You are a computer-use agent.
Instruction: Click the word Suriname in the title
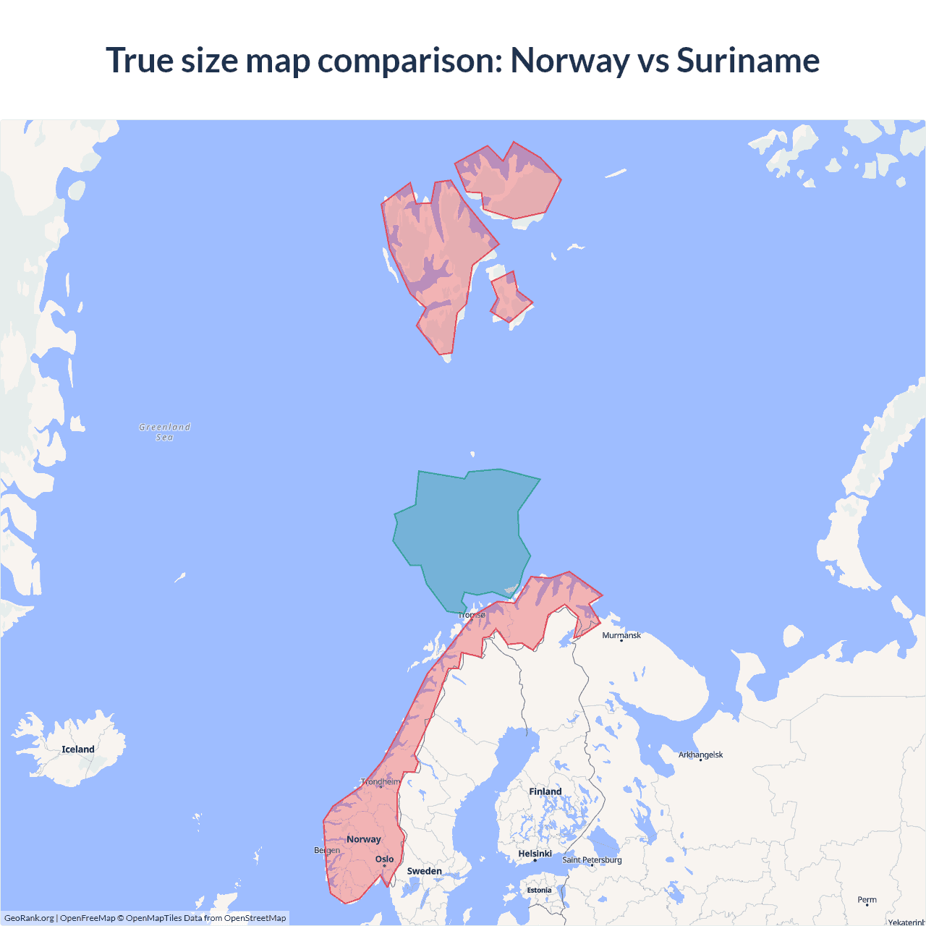pyautogui.click(x=747, y=60)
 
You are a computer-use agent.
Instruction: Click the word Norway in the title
pyautogui.click(x=569, y=60)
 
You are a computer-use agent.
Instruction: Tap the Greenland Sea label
pyautogui.click(x=165, y=432)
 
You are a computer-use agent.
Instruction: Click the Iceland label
pyautogui.click(x=78, y=749)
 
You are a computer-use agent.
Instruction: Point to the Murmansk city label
pyautogui.click(x=621, y=635)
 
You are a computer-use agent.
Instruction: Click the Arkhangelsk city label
pyautogui.click(x=700, y=755)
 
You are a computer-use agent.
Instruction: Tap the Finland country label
pyautogui.click(x=545, y=791)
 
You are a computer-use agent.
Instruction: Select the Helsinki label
pyautogui.click(x=535, y=854)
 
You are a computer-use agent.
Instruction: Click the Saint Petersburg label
pyautogui.click(x=592, y=859)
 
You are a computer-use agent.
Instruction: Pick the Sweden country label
pyautogui.click(x=424, y=871)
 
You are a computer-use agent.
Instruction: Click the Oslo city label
pyautogui.click(x=384, y=859)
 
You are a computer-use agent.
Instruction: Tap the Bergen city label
pyautogui.click(x=327, y=850)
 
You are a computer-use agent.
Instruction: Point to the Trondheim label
pyautogui.click(x=381, y=782)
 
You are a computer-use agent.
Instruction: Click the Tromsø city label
pyautogui.click(x=472, y=615)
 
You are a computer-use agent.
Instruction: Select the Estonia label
pyautogui.click(x=539, y=891)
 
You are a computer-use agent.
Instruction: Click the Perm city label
pyautogui.click(x=867, y=900)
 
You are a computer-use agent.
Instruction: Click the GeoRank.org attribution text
pyautogui.click(x=29, y=918)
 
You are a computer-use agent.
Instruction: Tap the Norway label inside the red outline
pyautogui.click(x=363, y=839)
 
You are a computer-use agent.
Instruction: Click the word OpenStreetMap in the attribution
pyautogui.click(x=255, y=918)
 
